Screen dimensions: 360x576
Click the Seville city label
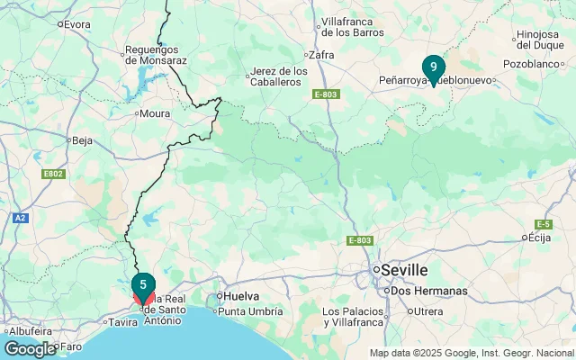(405, 270)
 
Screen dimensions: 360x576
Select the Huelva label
(241, 295)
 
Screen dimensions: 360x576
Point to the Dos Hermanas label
(429, 291)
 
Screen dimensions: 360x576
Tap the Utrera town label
(427, 311)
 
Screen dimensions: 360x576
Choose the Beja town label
(82, 140)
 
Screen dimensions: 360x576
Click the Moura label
(155, 114)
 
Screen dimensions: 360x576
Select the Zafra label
(320, 54)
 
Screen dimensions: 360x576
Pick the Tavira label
(122, 321)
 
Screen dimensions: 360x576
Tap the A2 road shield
(20, 218)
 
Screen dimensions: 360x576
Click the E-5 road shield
(542, 224)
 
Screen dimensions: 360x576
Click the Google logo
(30, 348)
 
